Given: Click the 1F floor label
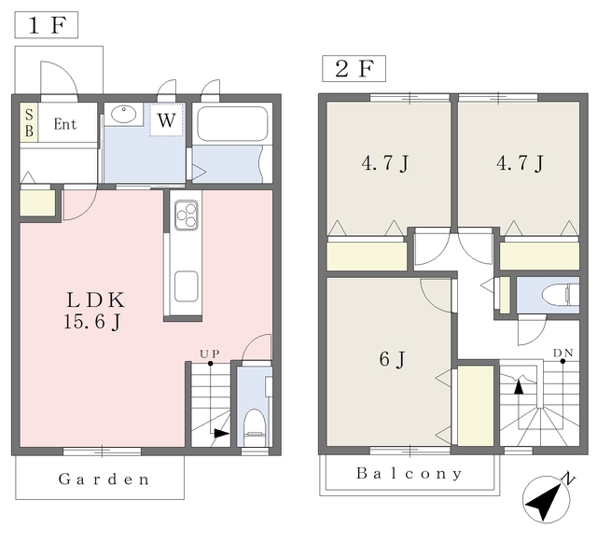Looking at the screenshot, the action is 47,25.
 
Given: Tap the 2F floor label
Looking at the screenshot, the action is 354,68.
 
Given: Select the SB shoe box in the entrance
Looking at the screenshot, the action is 29,122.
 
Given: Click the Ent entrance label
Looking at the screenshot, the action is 65,124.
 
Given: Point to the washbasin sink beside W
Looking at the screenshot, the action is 123,114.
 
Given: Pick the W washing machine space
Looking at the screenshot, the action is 166,119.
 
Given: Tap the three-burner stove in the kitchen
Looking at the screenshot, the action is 187,215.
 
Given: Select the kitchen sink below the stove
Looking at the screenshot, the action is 187,286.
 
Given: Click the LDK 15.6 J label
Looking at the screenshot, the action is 94,311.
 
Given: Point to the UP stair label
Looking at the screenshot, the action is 210,354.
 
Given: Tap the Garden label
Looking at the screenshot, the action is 104,479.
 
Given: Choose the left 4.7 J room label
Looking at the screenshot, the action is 384,163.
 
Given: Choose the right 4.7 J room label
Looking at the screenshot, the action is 520,163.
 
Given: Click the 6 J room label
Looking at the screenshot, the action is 392,359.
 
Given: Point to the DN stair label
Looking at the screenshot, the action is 563,353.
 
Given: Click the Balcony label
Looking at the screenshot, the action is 410,474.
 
